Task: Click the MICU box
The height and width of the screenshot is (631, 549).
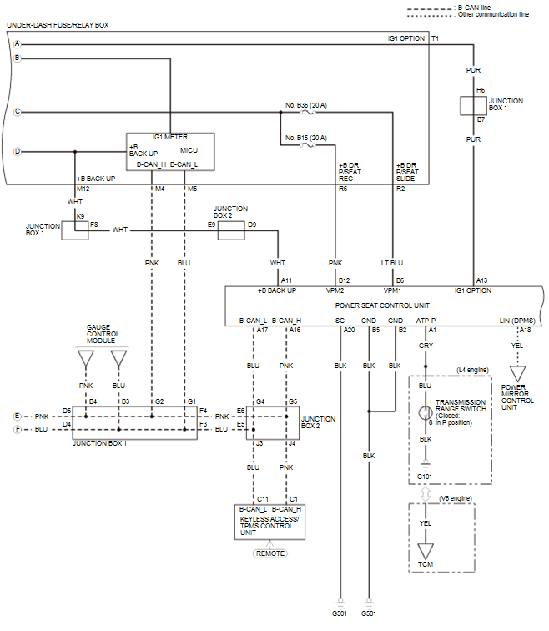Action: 170,153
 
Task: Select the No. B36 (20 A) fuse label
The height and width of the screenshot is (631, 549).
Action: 306,105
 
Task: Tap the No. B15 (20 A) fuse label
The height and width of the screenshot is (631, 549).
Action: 306,137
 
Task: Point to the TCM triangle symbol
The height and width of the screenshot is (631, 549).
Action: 426,552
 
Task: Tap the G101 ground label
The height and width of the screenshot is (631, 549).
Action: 426,477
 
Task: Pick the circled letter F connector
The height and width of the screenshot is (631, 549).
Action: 17,429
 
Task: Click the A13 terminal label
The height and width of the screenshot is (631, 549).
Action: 481,280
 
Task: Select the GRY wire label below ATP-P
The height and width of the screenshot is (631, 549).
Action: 426,345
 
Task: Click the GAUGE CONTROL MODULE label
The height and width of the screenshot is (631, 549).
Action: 103,334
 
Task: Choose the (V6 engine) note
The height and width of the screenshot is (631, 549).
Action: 456,498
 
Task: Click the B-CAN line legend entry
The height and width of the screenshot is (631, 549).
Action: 476,7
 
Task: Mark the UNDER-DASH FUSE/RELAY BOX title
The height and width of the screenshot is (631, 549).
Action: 58,25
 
